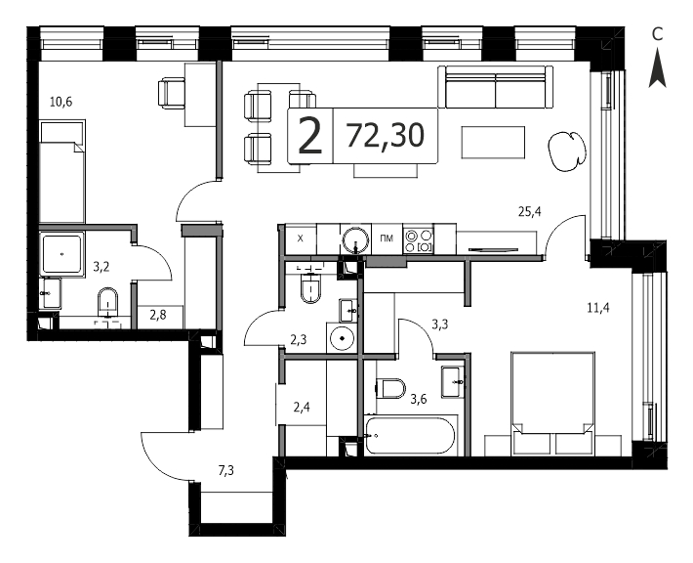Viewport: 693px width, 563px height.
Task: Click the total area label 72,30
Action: (385, 136)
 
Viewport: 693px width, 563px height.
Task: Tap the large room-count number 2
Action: (310, 136)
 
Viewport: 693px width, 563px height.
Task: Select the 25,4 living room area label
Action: (529, 212)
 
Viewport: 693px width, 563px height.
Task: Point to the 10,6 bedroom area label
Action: (61, 103)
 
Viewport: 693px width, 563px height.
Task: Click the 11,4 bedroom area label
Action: (598, 307)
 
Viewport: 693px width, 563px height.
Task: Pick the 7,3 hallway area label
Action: (225, 470)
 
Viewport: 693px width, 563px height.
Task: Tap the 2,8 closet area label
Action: (158, 315)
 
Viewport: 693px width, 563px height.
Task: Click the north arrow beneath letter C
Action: (657, 67)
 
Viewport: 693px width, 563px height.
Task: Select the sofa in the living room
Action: (496, 87)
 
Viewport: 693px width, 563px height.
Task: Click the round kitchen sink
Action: (356, 239)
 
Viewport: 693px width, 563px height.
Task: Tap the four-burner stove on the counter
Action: (419, 240)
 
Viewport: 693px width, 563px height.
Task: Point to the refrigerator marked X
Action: (301, 239)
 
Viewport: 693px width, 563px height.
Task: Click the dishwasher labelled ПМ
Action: (387, 239)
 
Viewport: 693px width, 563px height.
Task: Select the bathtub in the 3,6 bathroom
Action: (410, 435)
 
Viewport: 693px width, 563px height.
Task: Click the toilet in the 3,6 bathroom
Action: (390, 388)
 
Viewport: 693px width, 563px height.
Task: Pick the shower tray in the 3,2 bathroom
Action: (61, 254)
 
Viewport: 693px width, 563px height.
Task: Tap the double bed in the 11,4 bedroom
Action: (552, 404)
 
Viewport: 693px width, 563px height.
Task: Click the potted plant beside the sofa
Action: (567, 151)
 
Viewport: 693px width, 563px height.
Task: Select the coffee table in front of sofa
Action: (493, 142)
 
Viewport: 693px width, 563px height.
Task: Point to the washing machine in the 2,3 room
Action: (342, 338)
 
